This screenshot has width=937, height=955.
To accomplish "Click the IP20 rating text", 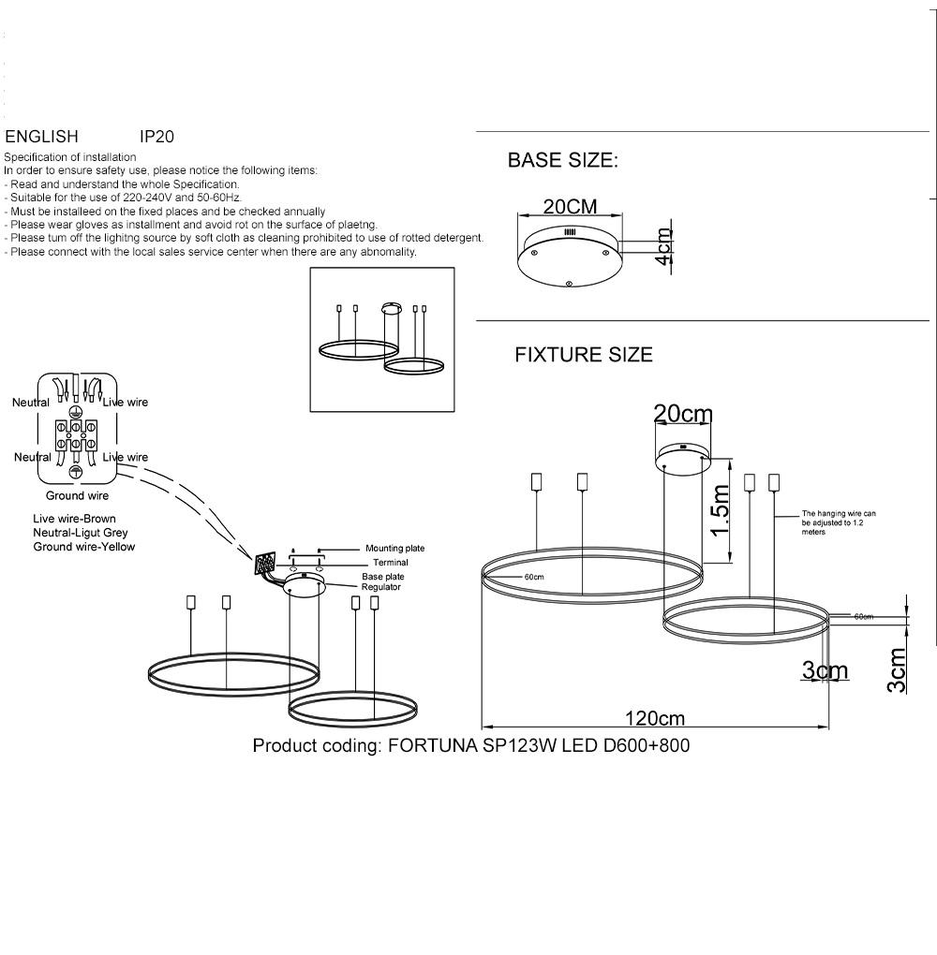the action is click(156, 137).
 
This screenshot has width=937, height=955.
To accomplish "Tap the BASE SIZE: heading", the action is click(563, 160).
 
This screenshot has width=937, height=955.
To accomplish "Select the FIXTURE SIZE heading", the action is click(584, 355).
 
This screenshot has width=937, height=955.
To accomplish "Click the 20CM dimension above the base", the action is click(570, 207).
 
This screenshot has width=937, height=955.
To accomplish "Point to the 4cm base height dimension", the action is click(663, 246).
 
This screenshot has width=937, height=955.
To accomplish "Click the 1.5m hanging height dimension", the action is click(720, 510).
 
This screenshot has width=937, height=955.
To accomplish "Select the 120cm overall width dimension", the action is click(655, 719).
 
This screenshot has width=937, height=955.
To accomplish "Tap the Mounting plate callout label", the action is click(394, 548).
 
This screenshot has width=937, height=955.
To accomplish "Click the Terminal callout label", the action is click(390, 562).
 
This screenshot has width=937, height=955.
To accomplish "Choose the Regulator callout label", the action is click(381, 587).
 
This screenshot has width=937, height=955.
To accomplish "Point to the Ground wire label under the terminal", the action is click(77, 496).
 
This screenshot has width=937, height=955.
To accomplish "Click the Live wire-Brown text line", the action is click(74, 519).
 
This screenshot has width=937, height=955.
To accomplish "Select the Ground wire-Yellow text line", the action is click(84, 547).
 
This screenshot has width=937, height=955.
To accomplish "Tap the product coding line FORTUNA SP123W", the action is click(471, 745).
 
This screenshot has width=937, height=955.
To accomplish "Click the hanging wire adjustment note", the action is click(839, 522).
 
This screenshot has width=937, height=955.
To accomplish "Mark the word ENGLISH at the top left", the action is click(41, 137).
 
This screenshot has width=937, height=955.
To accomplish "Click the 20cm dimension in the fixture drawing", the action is click(683, 414).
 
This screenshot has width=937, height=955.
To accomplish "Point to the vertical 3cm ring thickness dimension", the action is click(896, 670).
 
